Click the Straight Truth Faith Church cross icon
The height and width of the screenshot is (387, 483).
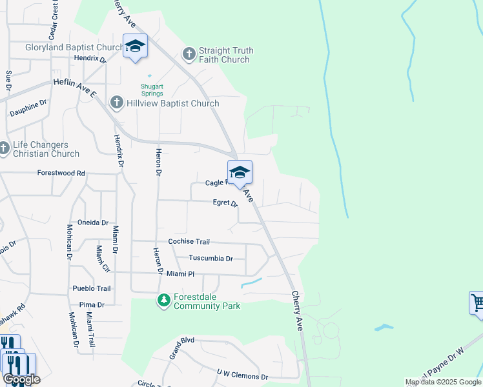click(189, 54)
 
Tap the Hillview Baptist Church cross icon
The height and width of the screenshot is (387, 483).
click(116, 103)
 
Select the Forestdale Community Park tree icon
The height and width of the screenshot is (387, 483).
click(164, 300)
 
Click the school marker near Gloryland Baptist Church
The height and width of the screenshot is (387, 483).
click(135, 46)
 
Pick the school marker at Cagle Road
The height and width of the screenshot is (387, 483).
click(239, 172)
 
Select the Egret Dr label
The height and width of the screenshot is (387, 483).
click(225, 203)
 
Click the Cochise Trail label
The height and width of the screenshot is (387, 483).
click(189, 241)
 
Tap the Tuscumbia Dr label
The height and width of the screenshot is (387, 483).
click(211, 258)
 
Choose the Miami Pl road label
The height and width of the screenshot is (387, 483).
click(180, 274)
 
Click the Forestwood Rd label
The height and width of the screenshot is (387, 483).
click(61, 173)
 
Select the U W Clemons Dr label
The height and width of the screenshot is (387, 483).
click(242, 376)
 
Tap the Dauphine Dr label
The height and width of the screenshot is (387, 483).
click(28, 108)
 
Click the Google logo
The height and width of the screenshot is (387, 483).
click(21, 379)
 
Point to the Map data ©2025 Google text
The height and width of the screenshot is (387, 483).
click(443, 382)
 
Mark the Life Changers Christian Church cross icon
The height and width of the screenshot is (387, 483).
click(3, 149)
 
